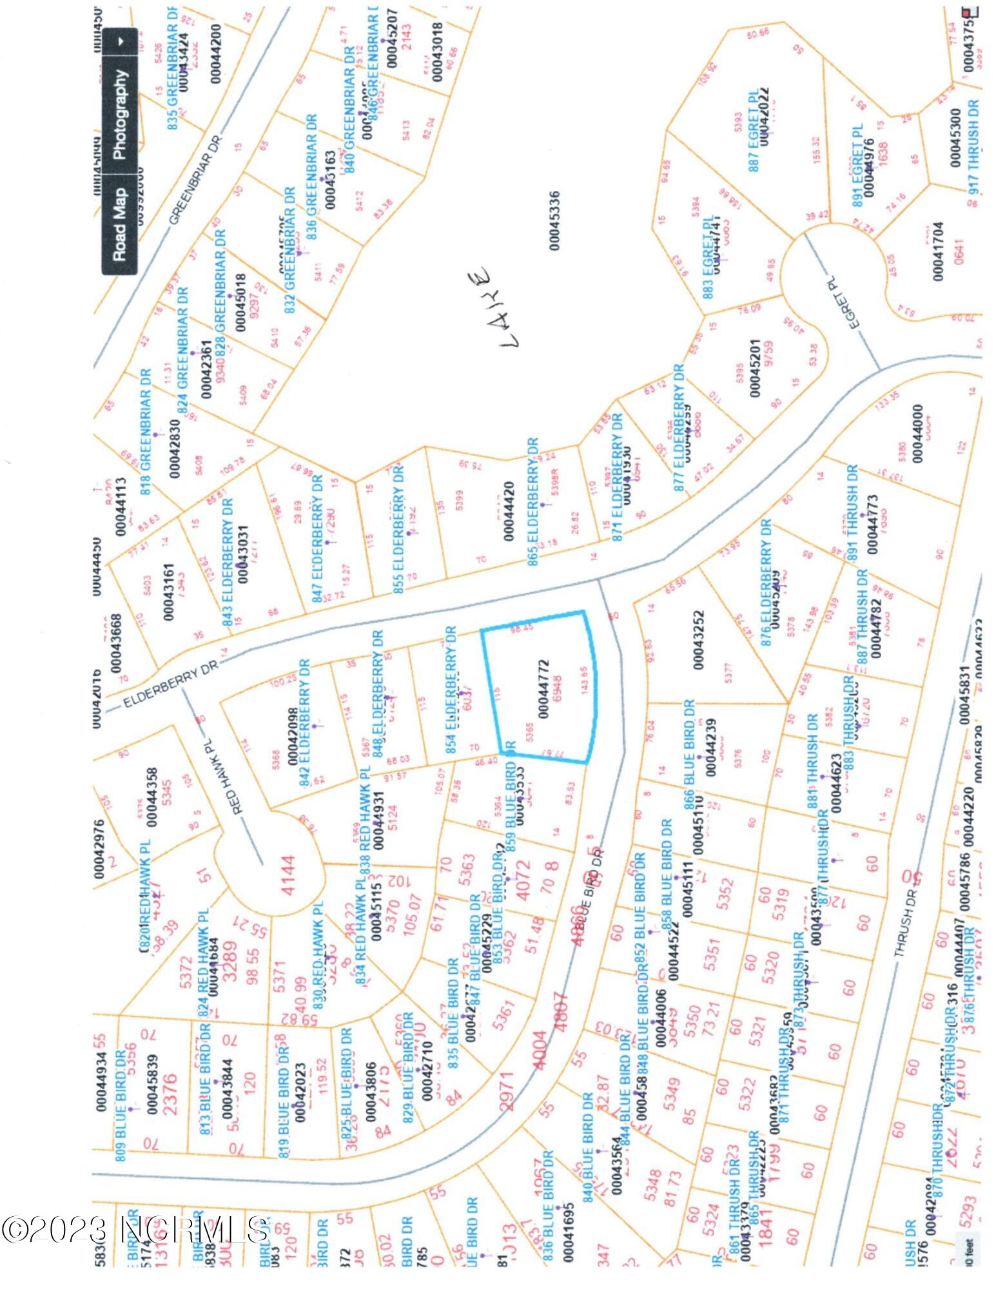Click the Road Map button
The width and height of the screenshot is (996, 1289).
[x=120, y=224]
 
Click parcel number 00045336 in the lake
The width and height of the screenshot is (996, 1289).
[x=555, y=220]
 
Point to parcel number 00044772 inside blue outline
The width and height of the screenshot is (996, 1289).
[x=543, y=688]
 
